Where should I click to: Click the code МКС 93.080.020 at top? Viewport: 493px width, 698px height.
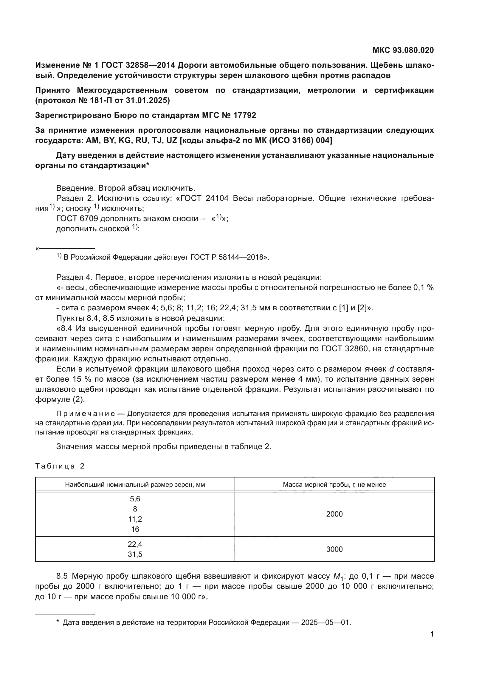(x=403, y=50)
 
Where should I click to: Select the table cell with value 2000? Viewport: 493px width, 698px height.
(x=334, y=514)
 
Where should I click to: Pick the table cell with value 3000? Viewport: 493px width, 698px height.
(x=334, y=549)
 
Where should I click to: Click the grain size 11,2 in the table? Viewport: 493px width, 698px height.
(x=135, y=519)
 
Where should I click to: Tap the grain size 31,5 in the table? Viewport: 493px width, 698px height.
(x=135, y=554)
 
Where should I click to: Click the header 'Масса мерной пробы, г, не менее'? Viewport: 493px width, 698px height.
(x=334, y=485)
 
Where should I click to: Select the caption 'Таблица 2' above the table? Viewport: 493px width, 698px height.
(x=60, y=466)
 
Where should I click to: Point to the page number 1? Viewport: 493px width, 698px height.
(x=432, y=634)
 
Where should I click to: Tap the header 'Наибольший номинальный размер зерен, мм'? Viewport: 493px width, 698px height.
(x=135, y=485)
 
